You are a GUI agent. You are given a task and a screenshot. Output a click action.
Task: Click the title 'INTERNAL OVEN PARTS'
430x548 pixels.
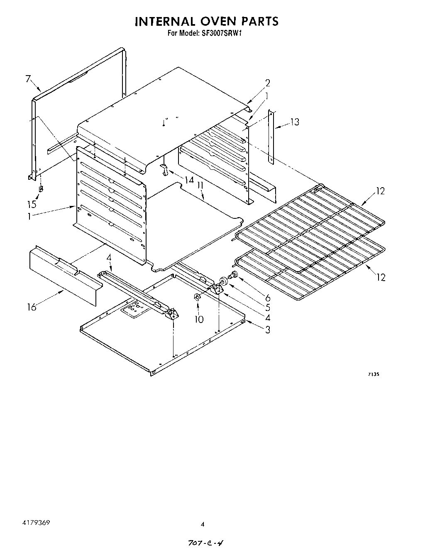coord(206,21)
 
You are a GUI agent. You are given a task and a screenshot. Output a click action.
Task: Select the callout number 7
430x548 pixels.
coord(28,79)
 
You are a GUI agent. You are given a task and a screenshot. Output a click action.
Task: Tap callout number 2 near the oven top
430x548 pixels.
coord(268,83)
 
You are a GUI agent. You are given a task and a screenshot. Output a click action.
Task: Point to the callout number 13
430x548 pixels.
coord(294,122)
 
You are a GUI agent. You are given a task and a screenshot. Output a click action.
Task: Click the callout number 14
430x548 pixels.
coord(189,181)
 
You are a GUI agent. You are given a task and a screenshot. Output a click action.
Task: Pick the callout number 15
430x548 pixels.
coord(32,204)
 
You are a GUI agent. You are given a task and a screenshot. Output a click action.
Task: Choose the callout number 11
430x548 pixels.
coord(200,185)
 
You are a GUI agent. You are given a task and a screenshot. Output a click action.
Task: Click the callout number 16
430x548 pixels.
coord(32,307)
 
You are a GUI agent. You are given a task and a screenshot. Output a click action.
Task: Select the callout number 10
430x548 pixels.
coord(199,319)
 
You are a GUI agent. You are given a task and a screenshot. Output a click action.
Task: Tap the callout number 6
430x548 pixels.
coord(267,298)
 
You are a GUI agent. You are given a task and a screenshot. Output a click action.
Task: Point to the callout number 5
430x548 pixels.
coord(267,308)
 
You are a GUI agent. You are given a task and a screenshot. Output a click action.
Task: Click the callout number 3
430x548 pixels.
coord(268,330)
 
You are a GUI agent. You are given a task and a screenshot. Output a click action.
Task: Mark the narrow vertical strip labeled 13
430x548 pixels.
coord(271,136)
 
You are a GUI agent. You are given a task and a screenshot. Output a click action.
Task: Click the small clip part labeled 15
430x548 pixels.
coord(41,189)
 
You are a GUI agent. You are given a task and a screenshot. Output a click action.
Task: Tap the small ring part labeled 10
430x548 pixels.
coord(197,297)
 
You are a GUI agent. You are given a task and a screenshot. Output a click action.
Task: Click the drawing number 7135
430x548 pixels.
coord(374,374)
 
